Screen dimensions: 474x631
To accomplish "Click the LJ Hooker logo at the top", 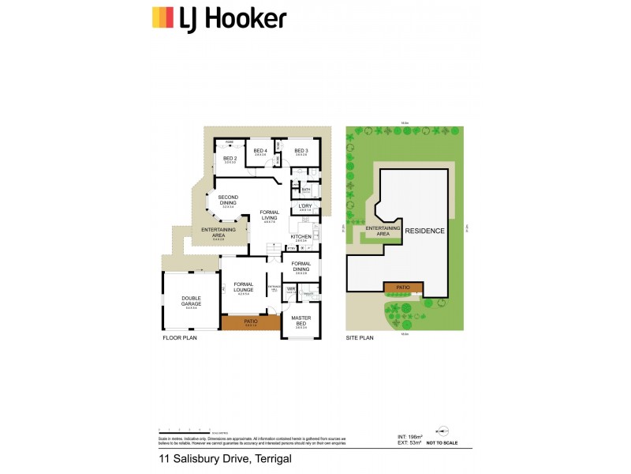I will pyautogui.click(x=218, y=17).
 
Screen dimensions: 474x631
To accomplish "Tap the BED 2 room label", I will pyautogui.click(x=230, y=158).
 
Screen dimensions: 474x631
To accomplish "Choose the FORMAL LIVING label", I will pyautogui.click(x=270, y=216).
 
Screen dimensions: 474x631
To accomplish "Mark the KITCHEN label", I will pyautogui.click(x=301, y=236).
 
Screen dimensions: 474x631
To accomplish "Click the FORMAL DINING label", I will pyautogui.click(x=301, y=267).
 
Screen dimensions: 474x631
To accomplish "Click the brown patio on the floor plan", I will pyautogui.click(x=251, y=322).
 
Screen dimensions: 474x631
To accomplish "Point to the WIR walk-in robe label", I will pyautogui.click(x=290, y=289).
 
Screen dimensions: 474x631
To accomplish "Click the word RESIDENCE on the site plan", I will pyautogui.click(x=425, y=231).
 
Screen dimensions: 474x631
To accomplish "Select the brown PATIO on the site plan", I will pyautogui.click(x=403, y=288).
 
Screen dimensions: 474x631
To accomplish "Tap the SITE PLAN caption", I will pyautogui.click(x=360, y=337).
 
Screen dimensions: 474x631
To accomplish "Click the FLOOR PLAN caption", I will pyautogui.click(x=179, y=337).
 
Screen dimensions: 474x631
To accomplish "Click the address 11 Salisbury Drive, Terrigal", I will pyautogui.click(x=225, y=458).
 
